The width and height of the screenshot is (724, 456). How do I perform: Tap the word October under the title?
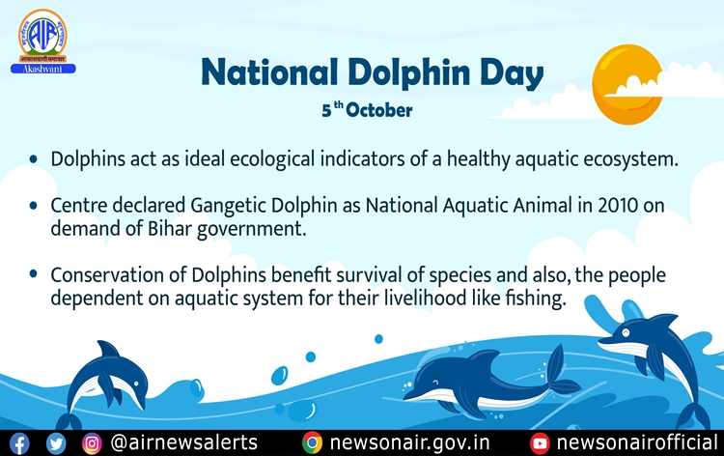[381, 110]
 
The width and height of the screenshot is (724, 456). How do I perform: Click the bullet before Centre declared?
[35, 207]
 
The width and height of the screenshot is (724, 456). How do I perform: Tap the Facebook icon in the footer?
[20, 443]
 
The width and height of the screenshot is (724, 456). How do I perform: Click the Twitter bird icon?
[56, 443]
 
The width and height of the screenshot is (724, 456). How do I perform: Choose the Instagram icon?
[92, 443]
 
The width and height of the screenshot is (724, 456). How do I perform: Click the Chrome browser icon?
[312, 443]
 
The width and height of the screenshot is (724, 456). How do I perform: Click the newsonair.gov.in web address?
[410, 443]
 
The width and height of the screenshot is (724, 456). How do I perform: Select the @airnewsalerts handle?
[183, 443]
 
